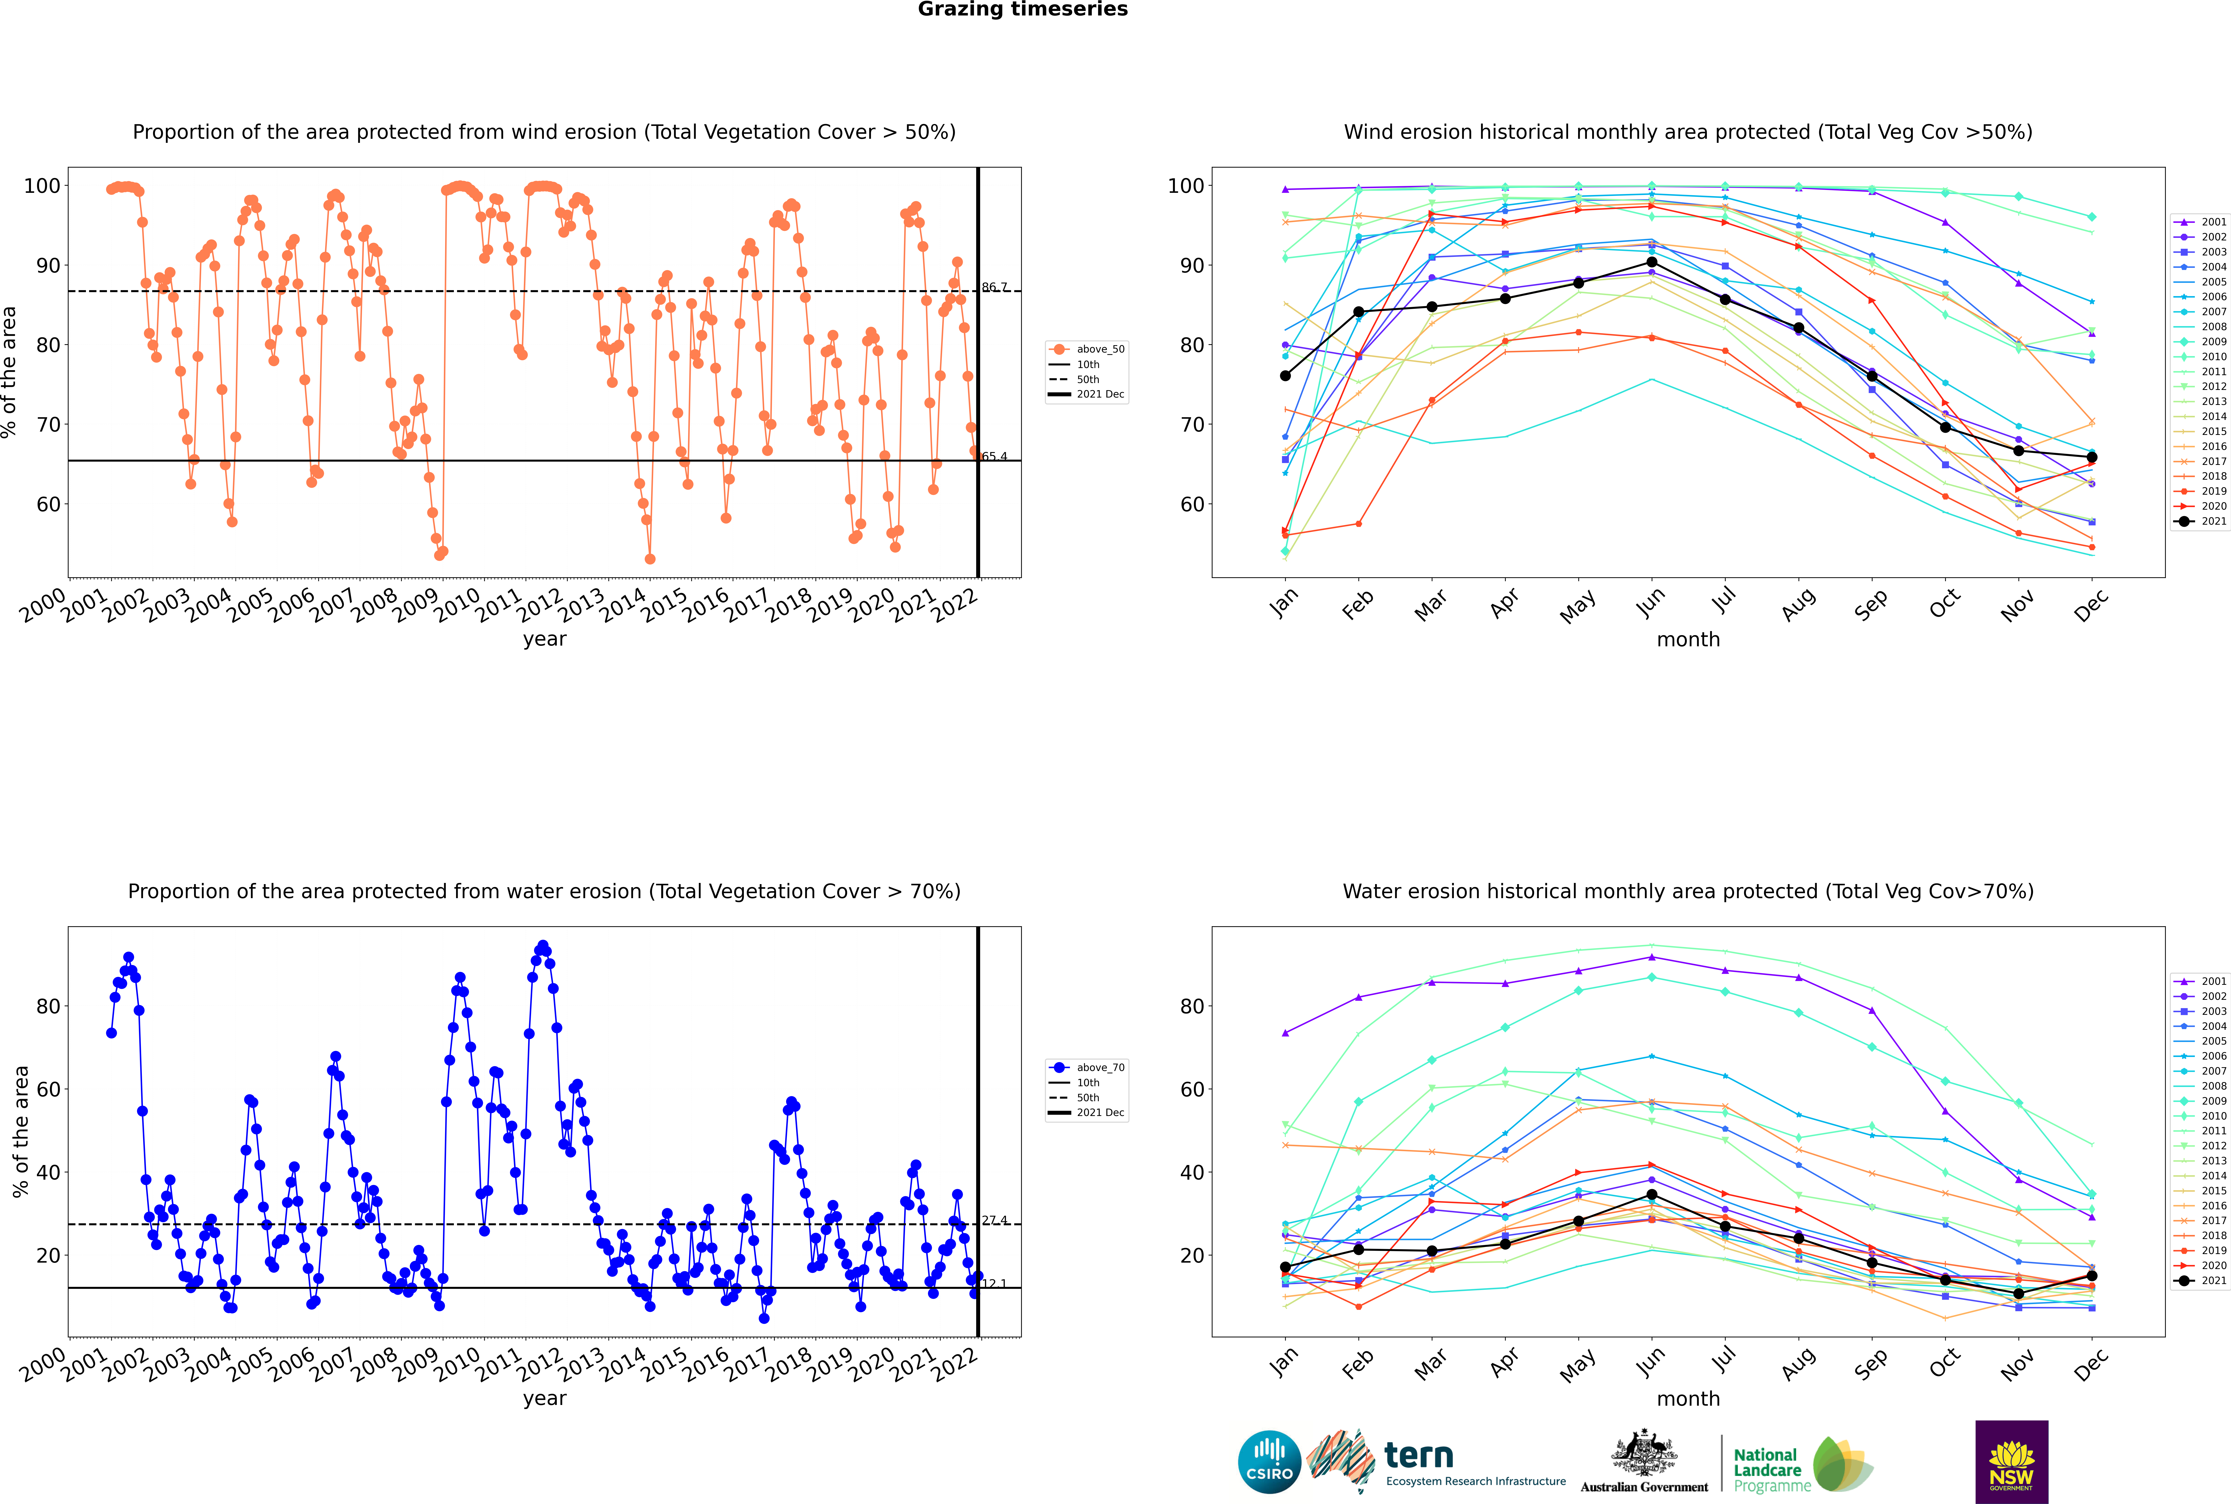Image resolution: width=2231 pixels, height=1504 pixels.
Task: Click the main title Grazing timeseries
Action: pyautogui.click(x=1023, y=10)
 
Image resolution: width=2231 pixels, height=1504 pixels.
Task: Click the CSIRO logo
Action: pyautogui.click(x=1269, y=1462)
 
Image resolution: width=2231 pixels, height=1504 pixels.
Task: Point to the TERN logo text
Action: pyautogui.click(x=1419, y=1456)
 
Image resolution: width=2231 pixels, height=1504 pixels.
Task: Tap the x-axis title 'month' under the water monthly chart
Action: pyautogui.click(x=1688, y=1399)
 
